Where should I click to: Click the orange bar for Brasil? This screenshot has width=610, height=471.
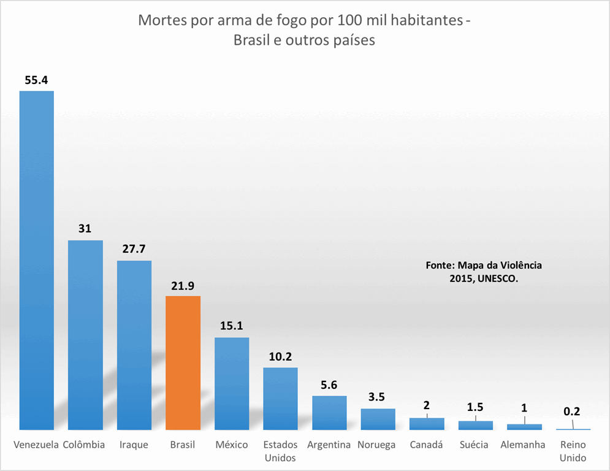[x=183, y=362]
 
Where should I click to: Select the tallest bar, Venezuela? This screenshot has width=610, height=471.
[x=37, y=260]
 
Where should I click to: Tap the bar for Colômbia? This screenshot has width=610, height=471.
[x=85, y=335]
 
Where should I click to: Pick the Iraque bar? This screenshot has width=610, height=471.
[x=134, y=345]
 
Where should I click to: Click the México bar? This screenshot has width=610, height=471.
[x=232, y=383]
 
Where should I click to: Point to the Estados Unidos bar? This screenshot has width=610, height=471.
[x=280, y=399]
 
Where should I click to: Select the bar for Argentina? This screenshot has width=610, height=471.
[x=329, y=413]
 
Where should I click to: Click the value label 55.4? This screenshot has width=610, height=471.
[x=37, y=80]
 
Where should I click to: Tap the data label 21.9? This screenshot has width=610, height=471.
[x=183, y=286]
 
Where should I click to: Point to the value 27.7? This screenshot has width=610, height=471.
[x=134, y=250]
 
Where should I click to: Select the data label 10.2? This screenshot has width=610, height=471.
[x=280, y=357]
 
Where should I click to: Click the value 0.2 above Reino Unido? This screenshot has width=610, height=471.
[x=573, y=412]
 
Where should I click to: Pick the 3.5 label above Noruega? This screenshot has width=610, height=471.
[x=378, y=397]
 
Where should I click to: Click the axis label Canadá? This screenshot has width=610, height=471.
[x=427, y=445]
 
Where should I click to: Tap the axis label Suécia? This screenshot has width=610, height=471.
[x=475, y=445]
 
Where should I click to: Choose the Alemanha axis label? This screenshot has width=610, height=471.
[x=523, y=445]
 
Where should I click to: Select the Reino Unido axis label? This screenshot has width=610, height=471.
[x=573, y=451]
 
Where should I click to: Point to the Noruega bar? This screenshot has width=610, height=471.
[x=378, y=419]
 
